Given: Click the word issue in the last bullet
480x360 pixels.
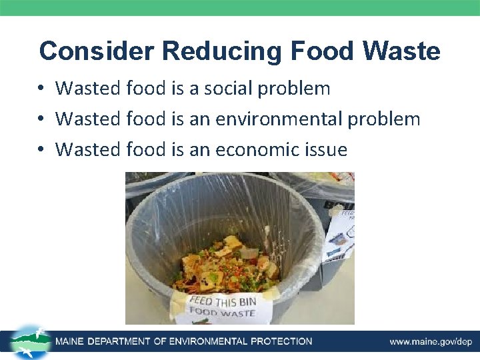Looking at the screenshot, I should tap(326, 149).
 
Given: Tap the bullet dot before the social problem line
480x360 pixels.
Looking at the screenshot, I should tap(41, 88).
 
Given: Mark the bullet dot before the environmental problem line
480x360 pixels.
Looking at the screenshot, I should tap(41, 119).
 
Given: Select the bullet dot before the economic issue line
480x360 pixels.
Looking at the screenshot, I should tap(41, 150).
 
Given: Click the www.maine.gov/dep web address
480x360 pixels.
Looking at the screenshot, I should tap(431, 342).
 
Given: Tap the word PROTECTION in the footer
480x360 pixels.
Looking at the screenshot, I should tap(281, 342).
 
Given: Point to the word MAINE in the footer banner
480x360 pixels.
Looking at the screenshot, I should tap(73, 342).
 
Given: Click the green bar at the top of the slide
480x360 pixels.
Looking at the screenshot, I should tap(240, 7).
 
